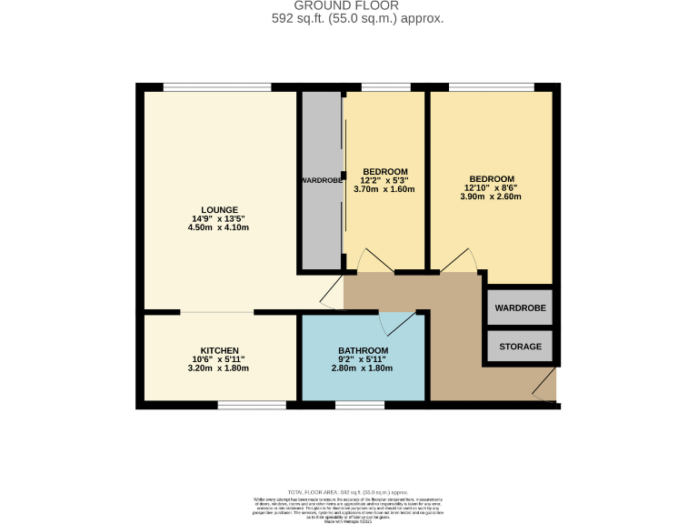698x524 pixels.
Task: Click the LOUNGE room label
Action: (220, 209)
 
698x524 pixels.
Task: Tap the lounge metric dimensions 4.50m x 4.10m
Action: (218, 227)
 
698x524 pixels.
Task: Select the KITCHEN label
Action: (219, 350)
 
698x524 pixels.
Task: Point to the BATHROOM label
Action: (363, 350)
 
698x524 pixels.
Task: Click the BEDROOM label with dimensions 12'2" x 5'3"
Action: (384, 172)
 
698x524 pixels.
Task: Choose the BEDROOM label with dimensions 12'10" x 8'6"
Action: (492, 178)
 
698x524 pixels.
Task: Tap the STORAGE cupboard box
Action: (520, 347)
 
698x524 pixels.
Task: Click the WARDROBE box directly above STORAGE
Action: (520, 308)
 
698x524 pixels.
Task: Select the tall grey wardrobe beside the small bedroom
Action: (321, 180)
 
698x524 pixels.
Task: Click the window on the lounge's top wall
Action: (216, 87)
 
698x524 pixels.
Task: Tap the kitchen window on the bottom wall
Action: (251, 404)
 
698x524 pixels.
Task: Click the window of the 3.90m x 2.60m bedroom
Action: (491, 87)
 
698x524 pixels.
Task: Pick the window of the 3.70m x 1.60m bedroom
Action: (385, 87)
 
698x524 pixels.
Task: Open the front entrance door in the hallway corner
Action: (544, 386)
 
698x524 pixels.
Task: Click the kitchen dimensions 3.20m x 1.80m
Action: (218, 368)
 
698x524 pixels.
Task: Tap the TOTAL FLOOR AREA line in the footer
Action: (349, 491)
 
